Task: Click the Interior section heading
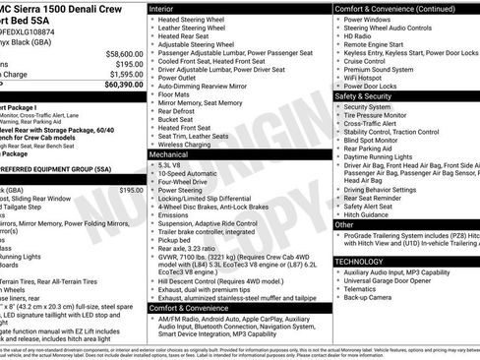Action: [167, 8]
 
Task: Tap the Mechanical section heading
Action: [174, 154]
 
